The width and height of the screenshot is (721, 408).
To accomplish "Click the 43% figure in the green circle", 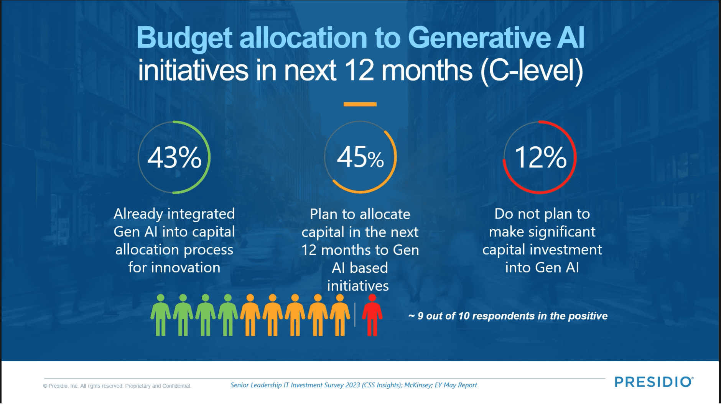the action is (174, 157).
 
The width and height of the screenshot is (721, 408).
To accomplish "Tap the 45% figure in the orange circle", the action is (360, 157).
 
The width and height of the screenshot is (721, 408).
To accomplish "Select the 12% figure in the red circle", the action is (540, 157).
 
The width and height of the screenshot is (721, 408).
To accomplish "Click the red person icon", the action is (372, 315).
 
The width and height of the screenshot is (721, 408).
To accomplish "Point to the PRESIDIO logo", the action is (654, 382).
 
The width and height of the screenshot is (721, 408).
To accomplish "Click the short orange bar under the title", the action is (360, 104).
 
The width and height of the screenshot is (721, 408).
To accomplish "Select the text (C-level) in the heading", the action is (532, 70).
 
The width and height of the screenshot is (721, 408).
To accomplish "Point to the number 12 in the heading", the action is (359, 70).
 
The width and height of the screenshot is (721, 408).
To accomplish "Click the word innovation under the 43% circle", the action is (186, 267).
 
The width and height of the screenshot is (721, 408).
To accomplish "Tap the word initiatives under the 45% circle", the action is (358, 286).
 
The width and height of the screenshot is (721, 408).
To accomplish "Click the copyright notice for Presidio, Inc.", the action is (117, 386).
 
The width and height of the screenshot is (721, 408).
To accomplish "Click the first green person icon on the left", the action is (160, 315).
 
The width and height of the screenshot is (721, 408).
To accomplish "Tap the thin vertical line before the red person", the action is (355, 315).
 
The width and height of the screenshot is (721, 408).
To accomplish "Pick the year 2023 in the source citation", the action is (352, 385).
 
